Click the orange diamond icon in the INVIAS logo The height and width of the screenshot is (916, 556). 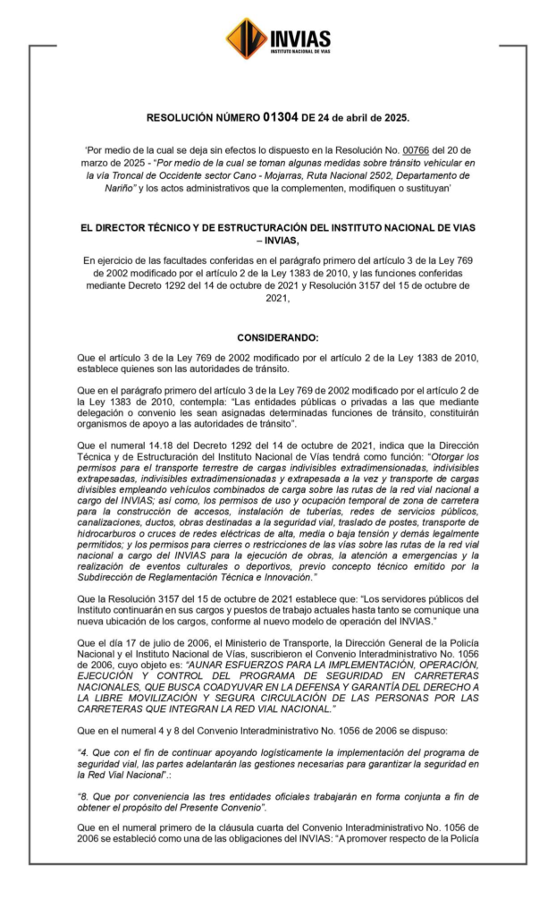click(x=247, y=38)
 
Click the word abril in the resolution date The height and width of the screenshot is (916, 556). click(x=356, y=117)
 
